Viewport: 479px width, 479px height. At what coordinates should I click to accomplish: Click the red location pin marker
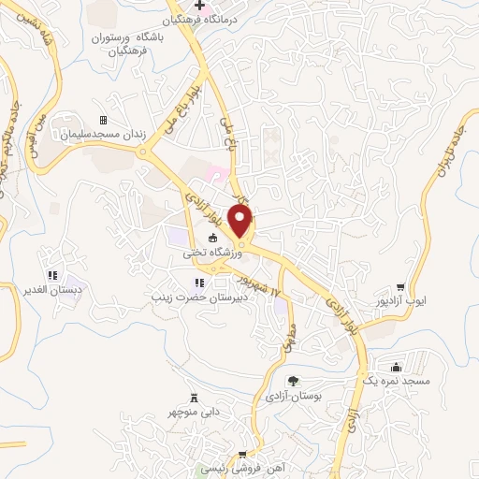point(241,221)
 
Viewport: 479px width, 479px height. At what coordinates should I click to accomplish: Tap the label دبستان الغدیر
point(50,289)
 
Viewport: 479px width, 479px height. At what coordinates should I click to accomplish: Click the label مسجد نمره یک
point(397,380)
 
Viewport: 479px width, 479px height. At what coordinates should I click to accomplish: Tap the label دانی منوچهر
point(193,412)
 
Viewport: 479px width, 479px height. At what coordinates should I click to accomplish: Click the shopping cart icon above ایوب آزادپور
point(400,286)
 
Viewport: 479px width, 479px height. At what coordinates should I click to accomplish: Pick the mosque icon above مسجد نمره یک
point(397,366)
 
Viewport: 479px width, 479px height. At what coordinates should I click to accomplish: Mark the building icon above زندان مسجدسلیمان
point(103,121)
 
